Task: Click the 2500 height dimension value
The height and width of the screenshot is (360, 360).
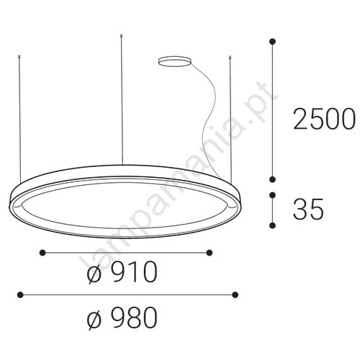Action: point(324,120)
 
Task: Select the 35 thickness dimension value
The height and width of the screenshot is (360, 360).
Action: point(308,209)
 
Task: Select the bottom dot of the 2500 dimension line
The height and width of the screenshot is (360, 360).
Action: point(272,179)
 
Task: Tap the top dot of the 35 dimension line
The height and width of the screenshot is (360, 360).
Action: point(272,195)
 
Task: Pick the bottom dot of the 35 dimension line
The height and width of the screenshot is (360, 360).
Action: point(272,225)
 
